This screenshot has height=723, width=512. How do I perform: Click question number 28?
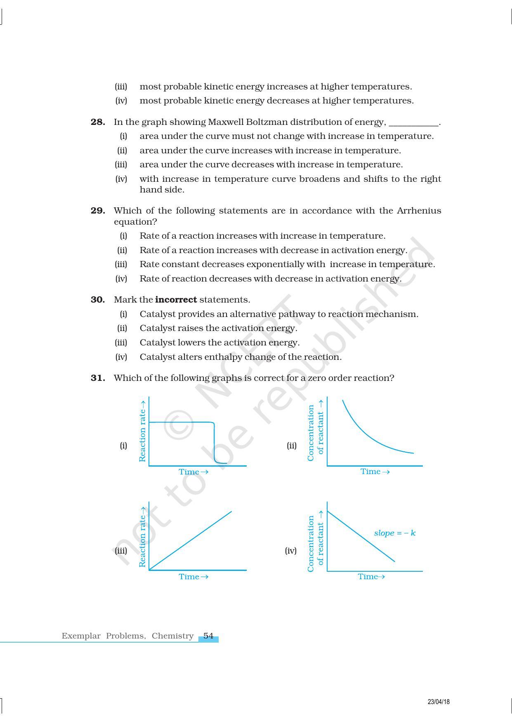98,122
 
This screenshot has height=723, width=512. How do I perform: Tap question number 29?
98,211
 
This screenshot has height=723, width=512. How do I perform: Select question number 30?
98,300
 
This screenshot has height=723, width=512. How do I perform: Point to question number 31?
98,378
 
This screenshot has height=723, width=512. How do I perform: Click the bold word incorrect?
176,300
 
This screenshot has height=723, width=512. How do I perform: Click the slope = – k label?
394,533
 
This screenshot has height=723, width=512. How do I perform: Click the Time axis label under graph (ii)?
375,472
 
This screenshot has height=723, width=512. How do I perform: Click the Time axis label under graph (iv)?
371,577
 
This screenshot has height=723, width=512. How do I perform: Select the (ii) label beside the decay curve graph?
292,446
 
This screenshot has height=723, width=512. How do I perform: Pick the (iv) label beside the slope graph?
291,551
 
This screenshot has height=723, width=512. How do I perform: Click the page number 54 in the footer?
208,636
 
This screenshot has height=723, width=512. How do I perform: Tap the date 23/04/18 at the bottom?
439,702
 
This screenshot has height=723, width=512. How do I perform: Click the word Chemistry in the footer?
172,636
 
